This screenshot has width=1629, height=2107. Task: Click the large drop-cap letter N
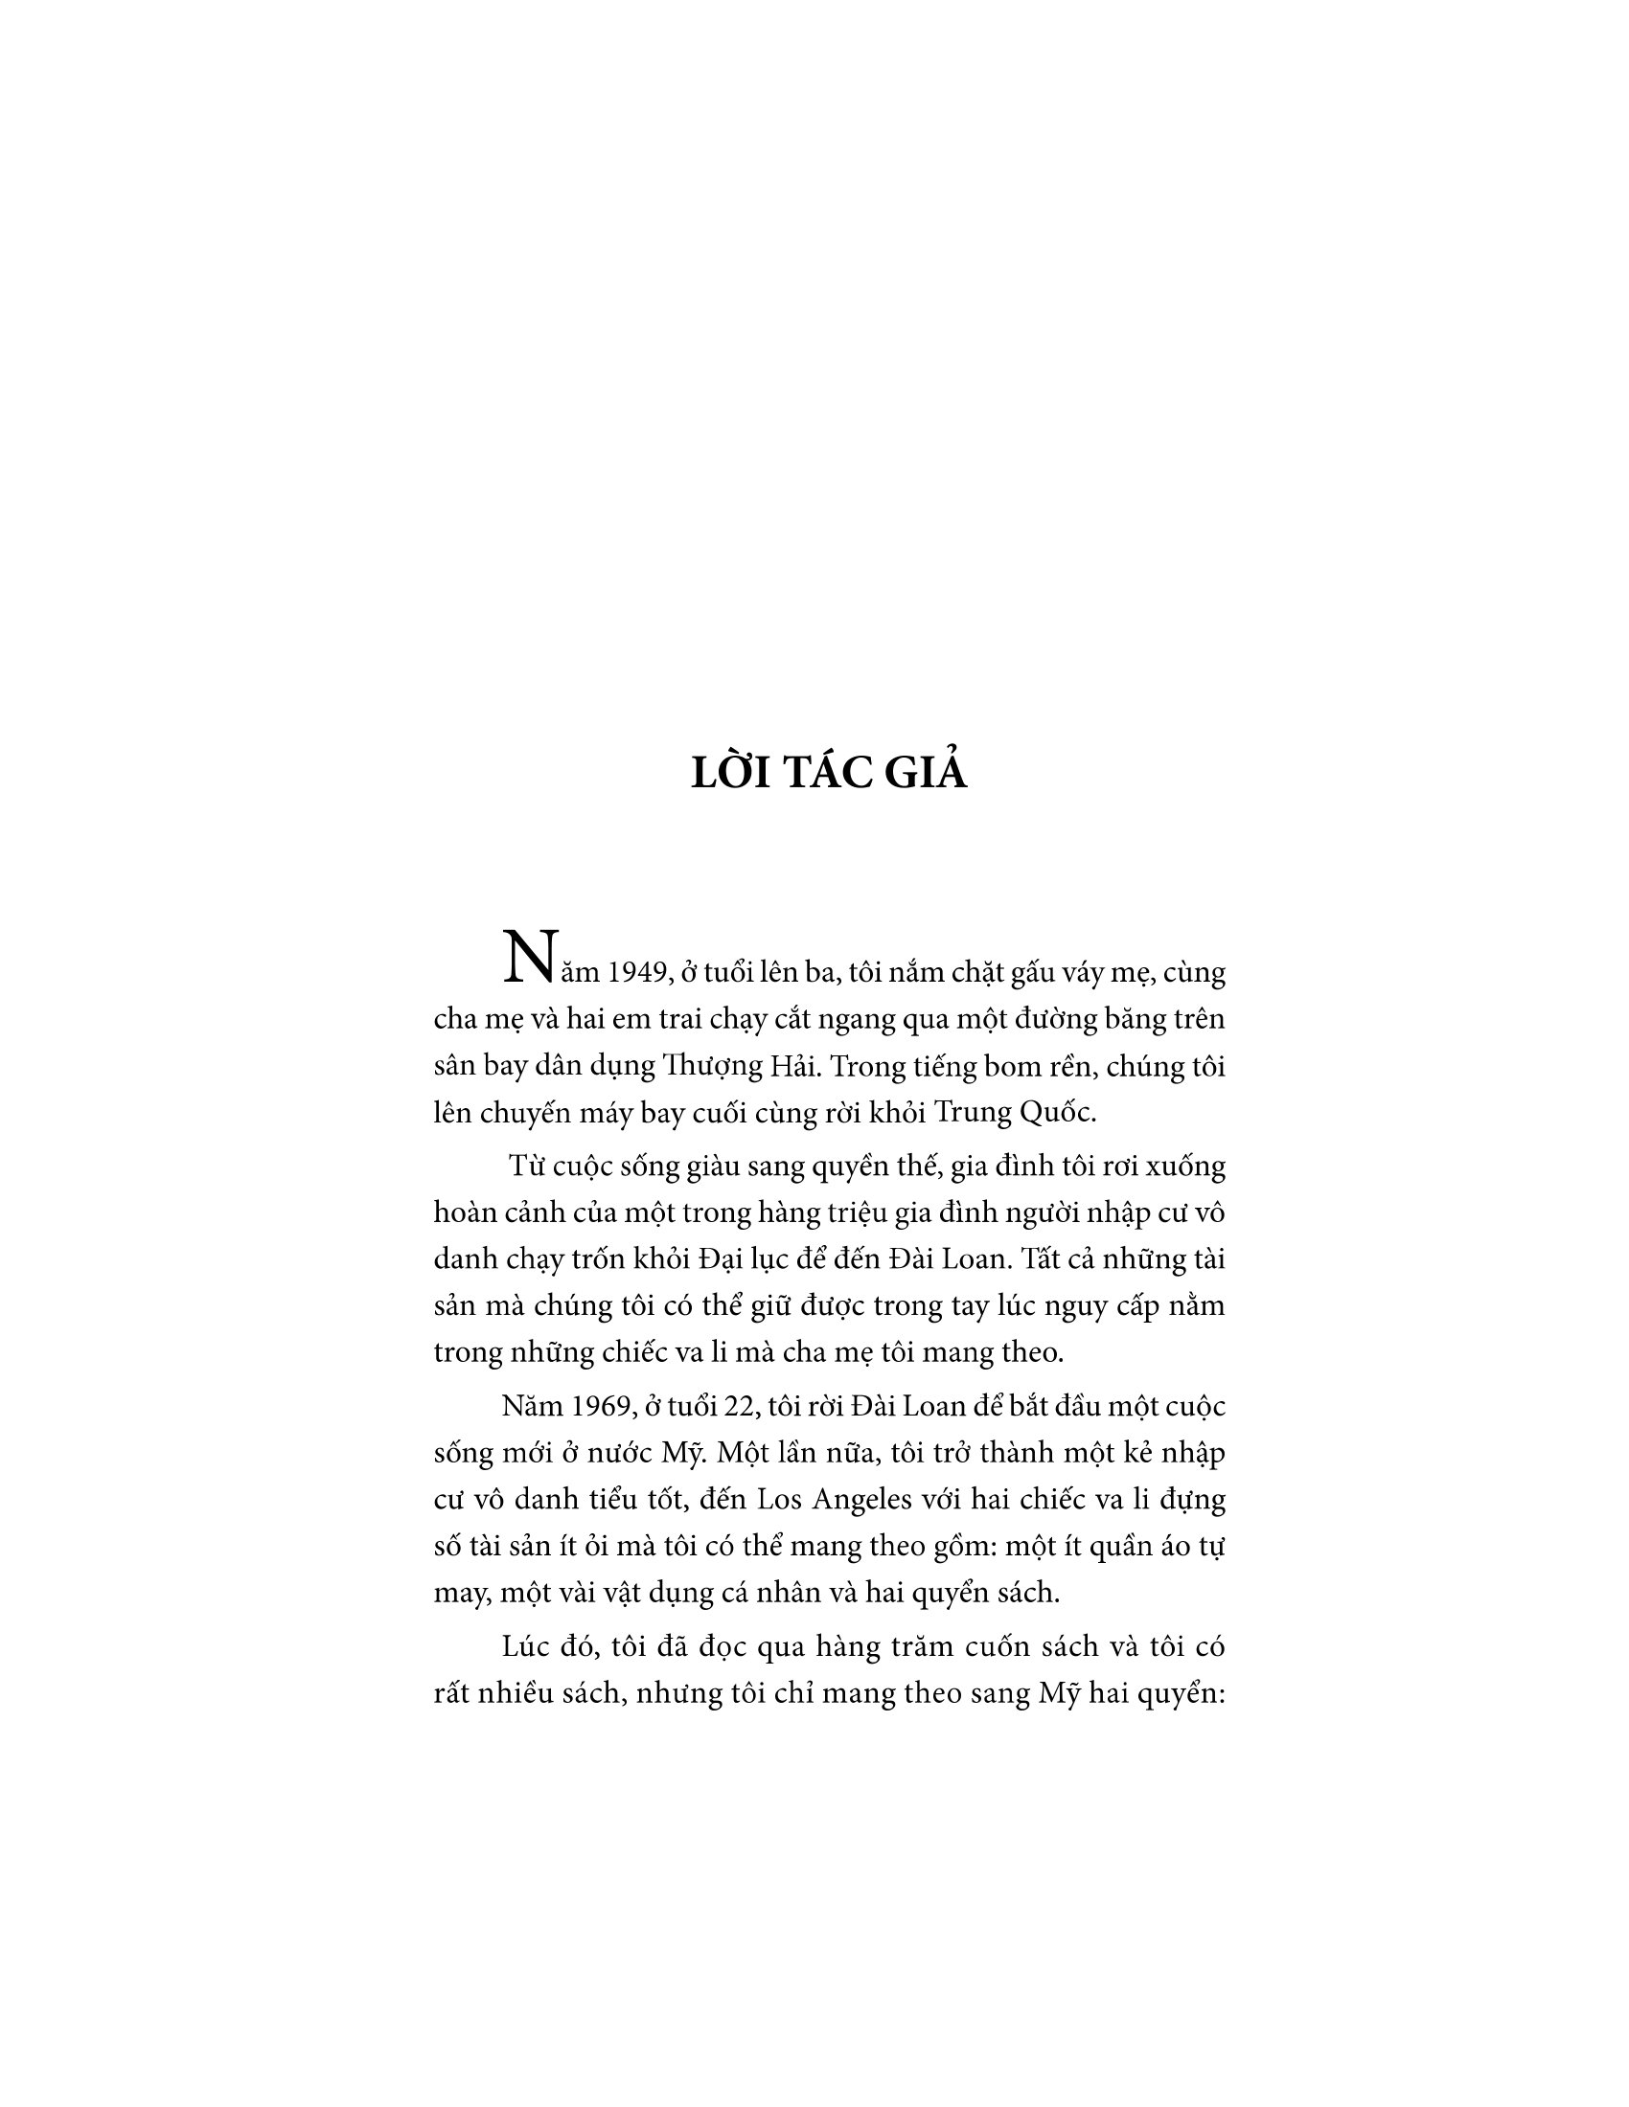pos(530,959)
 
